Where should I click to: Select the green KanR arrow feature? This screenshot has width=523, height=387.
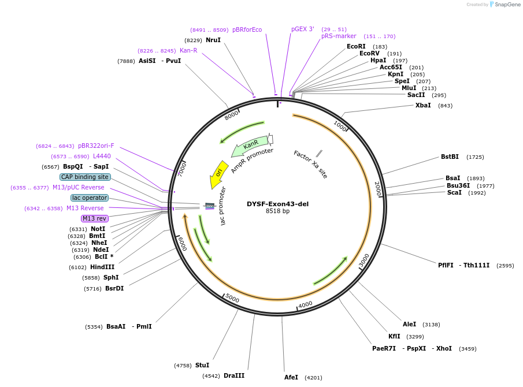click(x=250, y=146)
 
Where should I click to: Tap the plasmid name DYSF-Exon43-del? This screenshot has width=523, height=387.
click(x=277, y=204)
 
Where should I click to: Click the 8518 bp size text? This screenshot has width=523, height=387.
click(x=277, y=211)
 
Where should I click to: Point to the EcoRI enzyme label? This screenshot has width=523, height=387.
click(x=356, y=46)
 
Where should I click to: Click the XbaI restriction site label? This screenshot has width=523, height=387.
click(x=423, y=105)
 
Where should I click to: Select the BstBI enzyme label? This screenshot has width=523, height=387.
click(x=450, y=157)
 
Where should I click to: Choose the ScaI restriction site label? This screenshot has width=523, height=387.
click(x=454, y=192)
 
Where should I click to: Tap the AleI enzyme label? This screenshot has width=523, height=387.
click(x=409, y=324)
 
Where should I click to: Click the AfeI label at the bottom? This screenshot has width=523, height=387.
click(x=291, y=377)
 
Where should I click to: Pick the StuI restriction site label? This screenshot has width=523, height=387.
click(x=202, y=365)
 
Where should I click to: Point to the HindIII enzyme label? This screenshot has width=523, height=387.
click(x=102, y=267)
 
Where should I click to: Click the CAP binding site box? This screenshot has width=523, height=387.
click(x=85, y=177)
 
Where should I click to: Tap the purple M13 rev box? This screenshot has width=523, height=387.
click(x=94, y=218)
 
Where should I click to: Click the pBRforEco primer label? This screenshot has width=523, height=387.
click(x=247, y=29)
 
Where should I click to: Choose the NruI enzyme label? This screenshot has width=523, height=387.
click(x=213, y=40)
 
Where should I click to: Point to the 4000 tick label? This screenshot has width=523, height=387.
click(x=305, y=304)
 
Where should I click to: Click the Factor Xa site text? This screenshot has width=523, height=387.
click(x=310, y=165)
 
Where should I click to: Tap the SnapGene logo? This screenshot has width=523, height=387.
click(x=505, y=5)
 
